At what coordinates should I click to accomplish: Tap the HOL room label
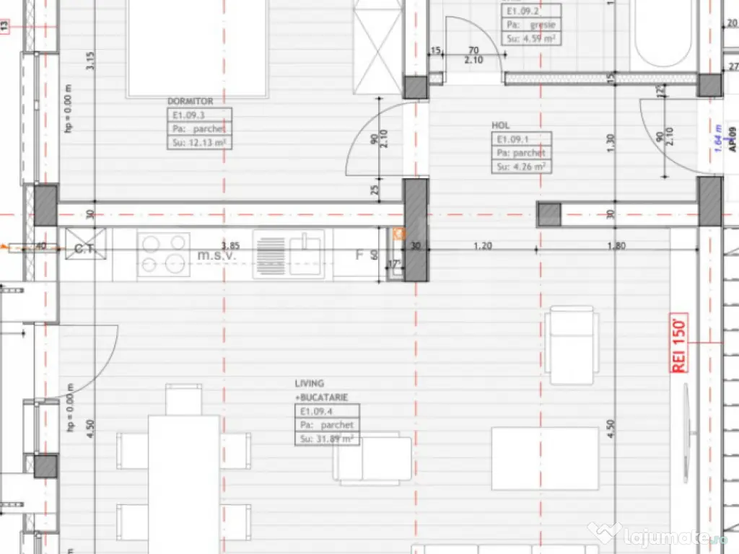click(500, 126)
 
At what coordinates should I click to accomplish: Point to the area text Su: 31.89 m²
click(326, 439)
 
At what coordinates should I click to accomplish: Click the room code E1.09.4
click(314, 411)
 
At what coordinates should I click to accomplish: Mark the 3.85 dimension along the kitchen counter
click(229, 245)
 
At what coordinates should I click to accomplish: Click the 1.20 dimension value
click(483, 245)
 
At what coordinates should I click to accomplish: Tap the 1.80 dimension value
click(616, 245)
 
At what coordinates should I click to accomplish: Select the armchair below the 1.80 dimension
click(572, 345)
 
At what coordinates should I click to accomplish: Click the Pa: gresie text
click(529, 25)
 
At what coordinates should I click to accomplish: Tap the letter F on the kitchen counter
click(359, 254)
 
